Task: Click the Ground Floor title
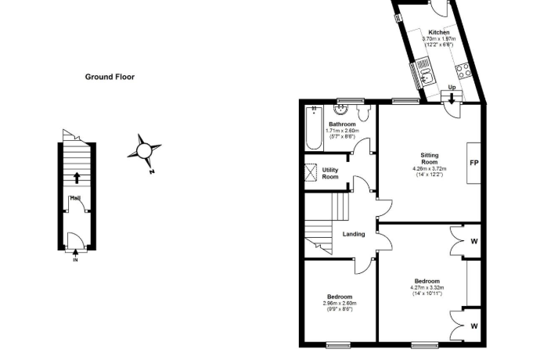pos(110,77)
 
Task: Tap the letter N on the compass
pos(152,171)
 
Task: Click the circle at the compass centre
pos(144,150)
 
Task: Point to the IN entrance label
pos(75,260)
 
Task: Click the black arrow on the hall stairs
pos(77,178)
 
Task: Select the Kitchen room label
pos(439,32)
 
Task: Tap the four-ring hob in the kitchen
pos(463,70)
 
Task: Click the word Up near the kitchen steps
pos(452,88)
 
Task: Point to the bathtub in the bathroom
pos(314,128)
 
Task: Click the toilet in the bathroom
pos(362,113)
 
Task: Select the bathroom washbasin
pos(340,110)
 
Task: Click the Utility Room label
pos(330,173)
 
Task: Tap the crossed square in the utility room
pos(311,172)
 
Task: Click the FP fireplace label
pos(474,163)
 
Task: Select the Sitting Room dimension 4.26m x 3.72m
pos(430,169)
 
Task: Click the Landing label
pos(354,234)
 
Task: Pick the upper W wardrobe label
pos(474,242)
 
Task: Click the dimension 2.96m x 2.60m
pos(340,303)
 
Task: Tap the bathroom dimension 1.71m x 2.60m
pos(342,131)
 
